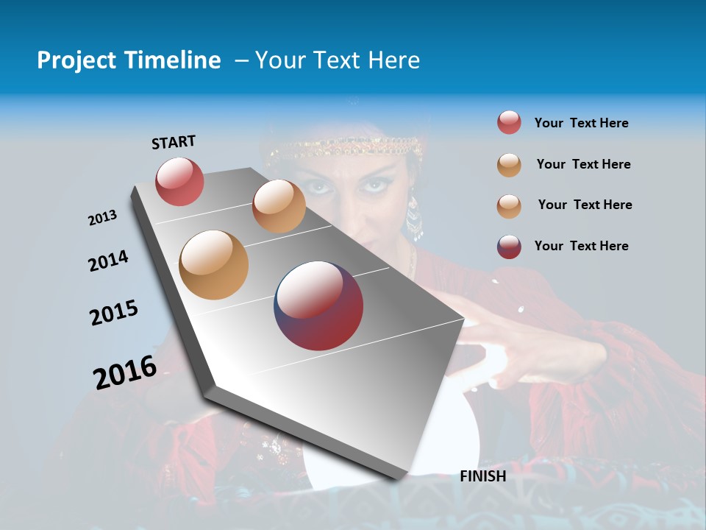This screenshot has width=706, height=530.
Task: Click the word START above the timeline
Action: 174,142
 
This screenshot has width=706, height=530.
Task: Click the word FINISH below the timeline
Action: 482,476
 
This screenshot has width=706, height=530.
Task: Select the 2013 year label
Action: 102,218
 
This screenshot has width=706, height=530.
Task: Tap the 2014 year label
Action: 108,261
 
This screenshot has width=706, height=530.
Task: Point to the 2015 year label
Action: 114,313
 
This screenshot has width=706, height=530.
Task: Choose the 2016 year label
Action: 125,372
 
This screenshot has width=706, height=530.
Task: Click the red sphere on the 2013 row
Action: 179,181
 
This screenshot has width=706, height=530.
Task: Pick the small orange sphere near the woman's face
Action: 279,206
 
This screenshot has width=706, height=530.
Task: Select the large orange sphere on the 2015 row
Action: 214,265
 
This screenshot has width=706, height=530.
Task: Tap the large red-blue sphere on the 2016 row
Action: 318,305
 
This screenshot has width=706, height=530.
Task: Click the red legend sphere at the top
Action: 509,123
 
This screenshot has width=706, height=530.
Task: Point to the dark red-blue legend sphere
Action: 509,247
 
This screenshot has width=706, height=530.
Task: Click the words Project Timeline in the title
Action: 129,60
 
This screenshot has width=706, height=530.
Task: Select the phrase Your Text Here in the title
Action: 338,60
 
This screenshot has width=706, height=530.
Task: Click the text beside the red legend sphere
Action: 581,123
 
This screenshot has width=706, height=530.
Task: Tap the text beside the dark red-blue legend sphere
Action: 581,246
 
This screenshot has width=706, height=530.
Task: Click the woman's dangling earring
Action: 415,216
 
